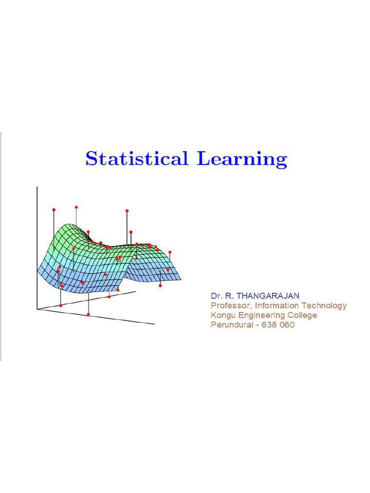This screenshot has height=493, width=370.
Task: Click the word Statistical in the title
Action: pos(136,158)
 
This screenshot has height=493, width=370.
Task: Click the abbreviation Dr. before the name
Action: pos(216,295)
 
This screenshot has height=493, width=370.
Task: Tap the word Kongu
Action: pos(222,315)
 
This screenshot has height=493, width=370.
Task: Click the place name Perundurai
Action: pos(231,325)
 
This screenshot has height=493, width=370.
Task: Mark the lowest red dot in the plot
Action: pos(88,314)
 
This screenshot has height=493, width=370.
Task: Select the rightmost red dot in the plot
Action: pos(170,252)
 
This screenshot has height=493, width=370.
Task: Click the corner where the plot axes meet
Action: pos(38,309)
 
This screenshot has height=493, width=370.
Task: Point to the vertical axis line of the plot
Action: pos(37,241)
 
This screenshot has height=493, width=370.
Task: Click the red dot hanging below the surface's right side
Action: pos(160,285)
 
